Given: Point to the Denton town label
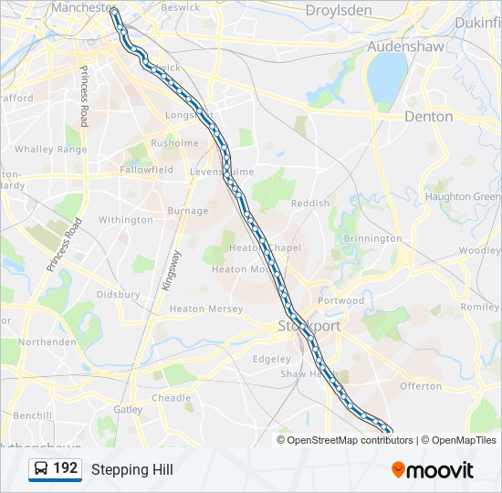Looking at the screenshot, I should [x=428, y=117].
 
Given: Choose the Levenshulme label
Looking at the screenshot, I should [x=221, y=172].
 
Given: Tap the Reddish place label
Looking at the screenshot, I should [x=309, y=203].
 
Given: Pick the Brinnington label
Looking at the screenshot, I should [x=372, y=238].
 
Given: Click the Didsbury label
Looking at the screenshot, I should [x=118, y=295].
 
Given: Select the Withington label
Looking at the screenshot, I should [x=126, y=220].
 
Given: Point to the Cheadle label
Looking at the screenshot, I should [x=172, y=398].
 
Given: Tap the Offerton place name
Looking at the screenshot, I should [x=421, y=386].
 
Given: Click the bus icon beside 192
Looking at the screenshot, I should [x=42, y=469].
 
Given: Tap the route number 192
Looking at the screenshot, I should [x=66, y=469].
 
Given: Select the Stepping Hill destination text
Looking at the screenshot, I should [x=131, y=470].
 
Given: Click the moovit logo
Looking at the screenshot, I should [x=433, y=470].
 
